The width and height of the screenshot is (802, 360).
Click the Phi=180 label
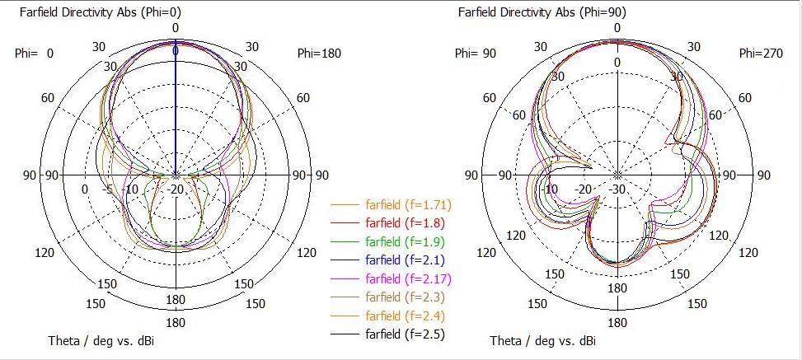[319, 54]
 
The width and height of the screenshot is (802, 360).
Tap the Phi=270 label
[759, 54]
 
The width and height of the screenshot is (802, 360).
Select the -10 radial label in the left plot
[132, 189]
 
